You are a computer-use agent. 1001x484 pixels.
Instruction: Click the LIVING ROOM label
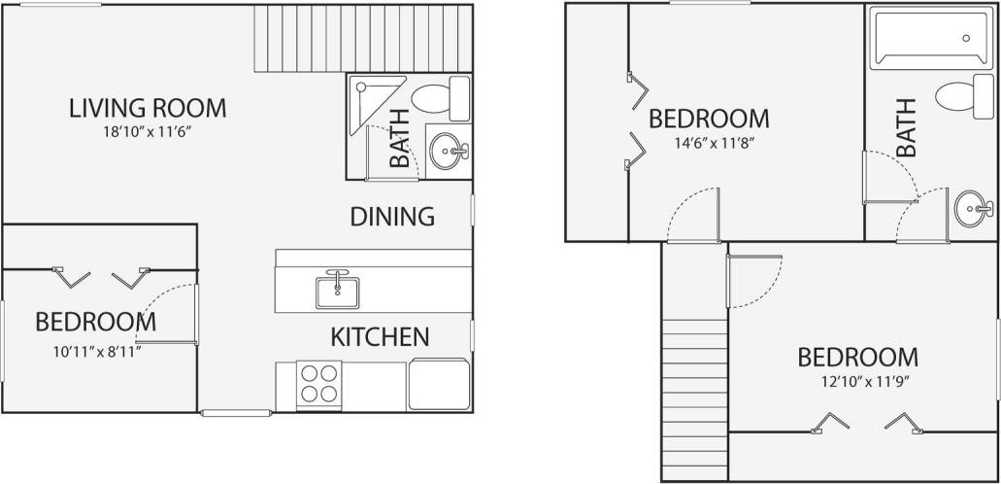(x=148, y=107)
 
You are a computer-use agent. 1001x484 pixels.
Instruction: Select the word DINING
(x=391, y=216)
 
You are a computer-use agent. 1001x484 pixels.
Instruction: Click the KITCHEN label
(x=380, y=337)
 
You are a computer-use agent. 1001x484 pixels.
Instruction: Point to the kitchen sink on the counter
(x=337, y=289)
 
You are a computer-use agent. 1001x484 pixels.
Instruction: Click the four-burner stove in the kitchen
(x=318, y=383)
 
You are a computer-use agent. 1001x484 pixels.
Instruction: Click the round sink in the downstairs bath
(x=448, y=151)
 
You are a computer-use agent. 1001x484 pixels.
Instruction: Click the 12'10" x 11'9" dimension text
(x=857, y=382)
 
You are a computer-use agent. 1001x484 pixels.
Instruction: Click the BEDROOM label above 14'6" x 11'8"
(x=709, y=119)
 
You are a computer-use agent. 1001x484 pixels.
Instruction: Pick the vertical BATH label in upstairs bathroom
(x=906, y=128)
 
